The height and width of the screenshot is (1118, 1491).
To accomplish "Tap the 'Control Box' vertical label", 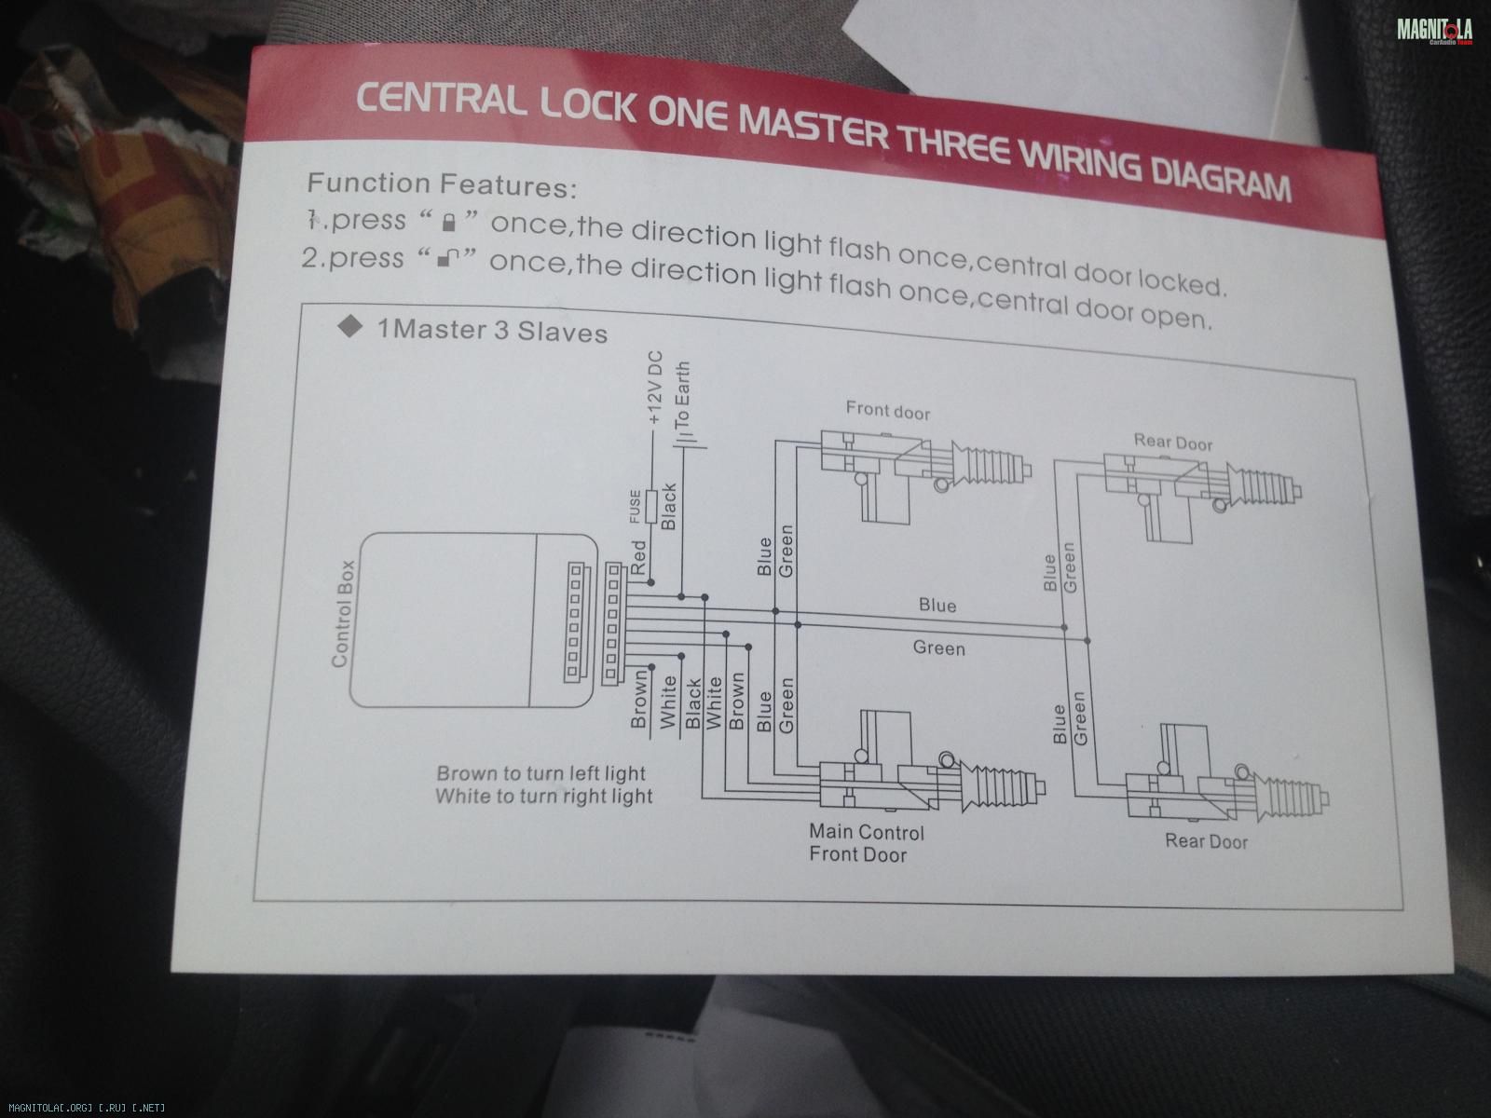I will point(342,613).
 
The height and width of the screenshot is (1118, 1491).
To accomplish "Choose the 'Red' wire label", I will point(640,556).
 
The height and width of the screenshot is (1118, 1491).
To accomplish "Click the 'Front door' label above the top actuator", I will point(887,410).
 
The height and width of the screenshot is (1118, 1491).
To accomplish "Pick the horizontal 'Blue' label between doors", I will point(937,606).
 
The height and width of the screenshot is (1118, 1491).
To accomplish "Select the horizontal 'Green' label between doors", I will point(938,647).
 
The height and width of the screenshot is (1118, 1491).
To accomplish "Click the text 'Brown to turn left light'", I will point(541,773).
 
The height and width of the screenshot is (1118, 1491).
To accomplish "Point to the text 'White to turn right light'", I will point(544,797).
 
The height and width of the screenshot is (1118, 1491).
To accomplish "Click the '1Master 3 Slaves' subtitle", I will point(492,331).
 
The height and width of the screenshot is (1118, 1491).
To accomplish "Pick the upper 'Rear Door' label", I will point(1173,442).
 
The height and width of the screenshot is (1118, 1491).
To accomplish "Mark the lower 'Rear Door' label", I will point(1206,841).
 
